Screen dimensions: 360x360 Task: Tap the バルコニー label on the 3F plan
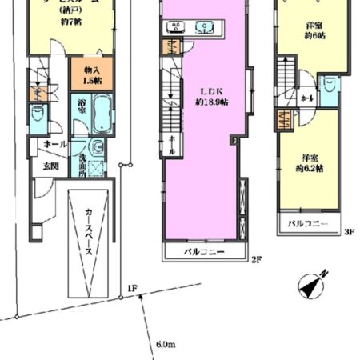[308, 223]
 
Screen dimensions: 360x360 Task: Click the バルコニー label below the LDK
[204, 252]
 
